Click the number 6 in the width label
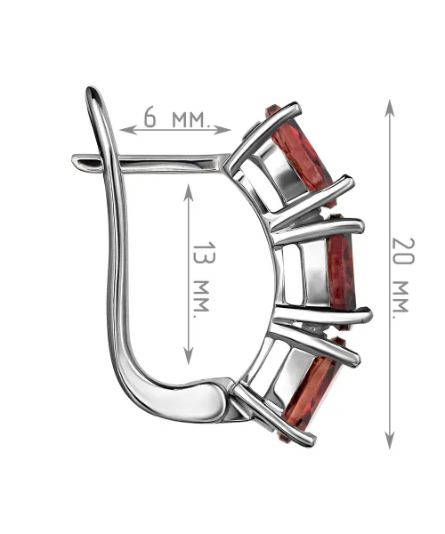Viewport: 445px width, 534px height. [150, 117]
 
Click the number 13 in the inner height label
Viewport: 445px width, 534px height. [205, 253]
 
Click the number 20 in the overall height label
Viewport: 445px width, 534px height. [403, 251]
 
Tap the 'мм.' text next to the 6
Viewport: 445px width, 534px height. [190, 119]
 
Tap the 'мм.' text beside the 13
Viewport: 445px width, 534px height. [201, 299]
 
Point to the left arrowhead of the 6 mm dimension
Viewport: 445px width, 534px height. [125, 130]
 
